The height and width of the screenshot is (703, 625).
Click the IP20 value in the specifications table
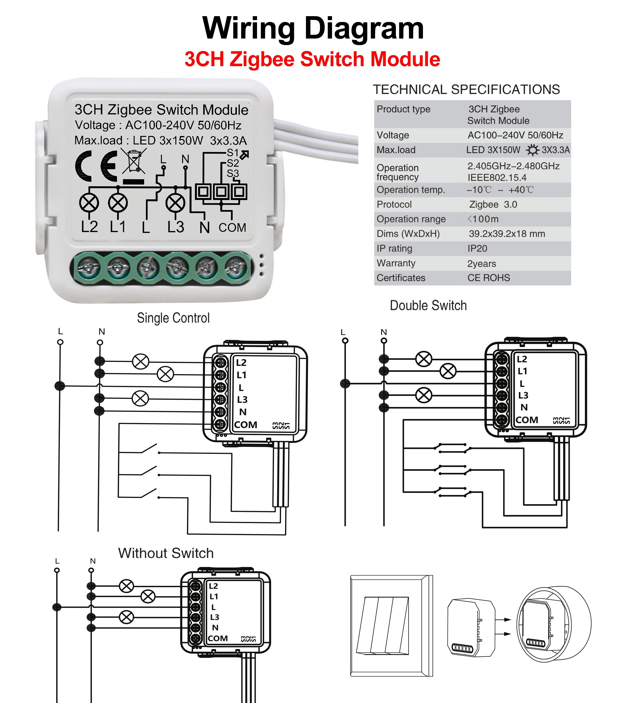tap(477, 248)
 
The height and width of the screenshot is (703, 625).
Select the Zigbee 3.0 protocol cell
tap(493, 204)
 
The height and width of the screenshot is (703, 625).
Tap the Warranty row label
tap(396, 263)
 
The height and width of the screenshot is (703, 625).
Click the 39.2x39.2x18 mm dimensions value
tap(507, 234)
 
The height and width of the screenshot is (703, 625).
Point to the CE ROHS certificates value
tap(489, 278)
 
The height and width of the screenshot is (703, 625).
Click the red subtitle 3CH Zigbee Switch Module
tap(312, 59)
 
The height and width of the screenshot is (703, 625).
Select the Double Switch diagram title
tap(428, 305)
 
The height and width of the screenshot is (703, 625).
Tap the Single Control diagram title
tap(173, 318)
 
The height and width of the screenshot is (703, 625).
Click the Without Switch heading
tap(166, 553)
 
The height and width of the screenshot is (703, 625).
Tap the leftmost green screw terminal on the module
tap(88, 267)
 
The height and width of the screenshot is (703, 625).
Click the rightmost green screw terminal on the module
tap(236, 267)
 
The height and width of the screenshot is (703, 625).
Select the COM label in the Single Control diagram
tap(246, 425)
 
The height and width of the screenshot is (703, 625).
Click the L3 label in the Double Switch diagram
tap(523, 395)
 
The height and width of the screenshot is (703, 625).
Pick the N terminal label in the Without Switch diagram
tap(215, 628)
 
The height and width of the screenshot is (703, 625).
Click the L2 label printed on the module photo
tap(89, 227)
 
